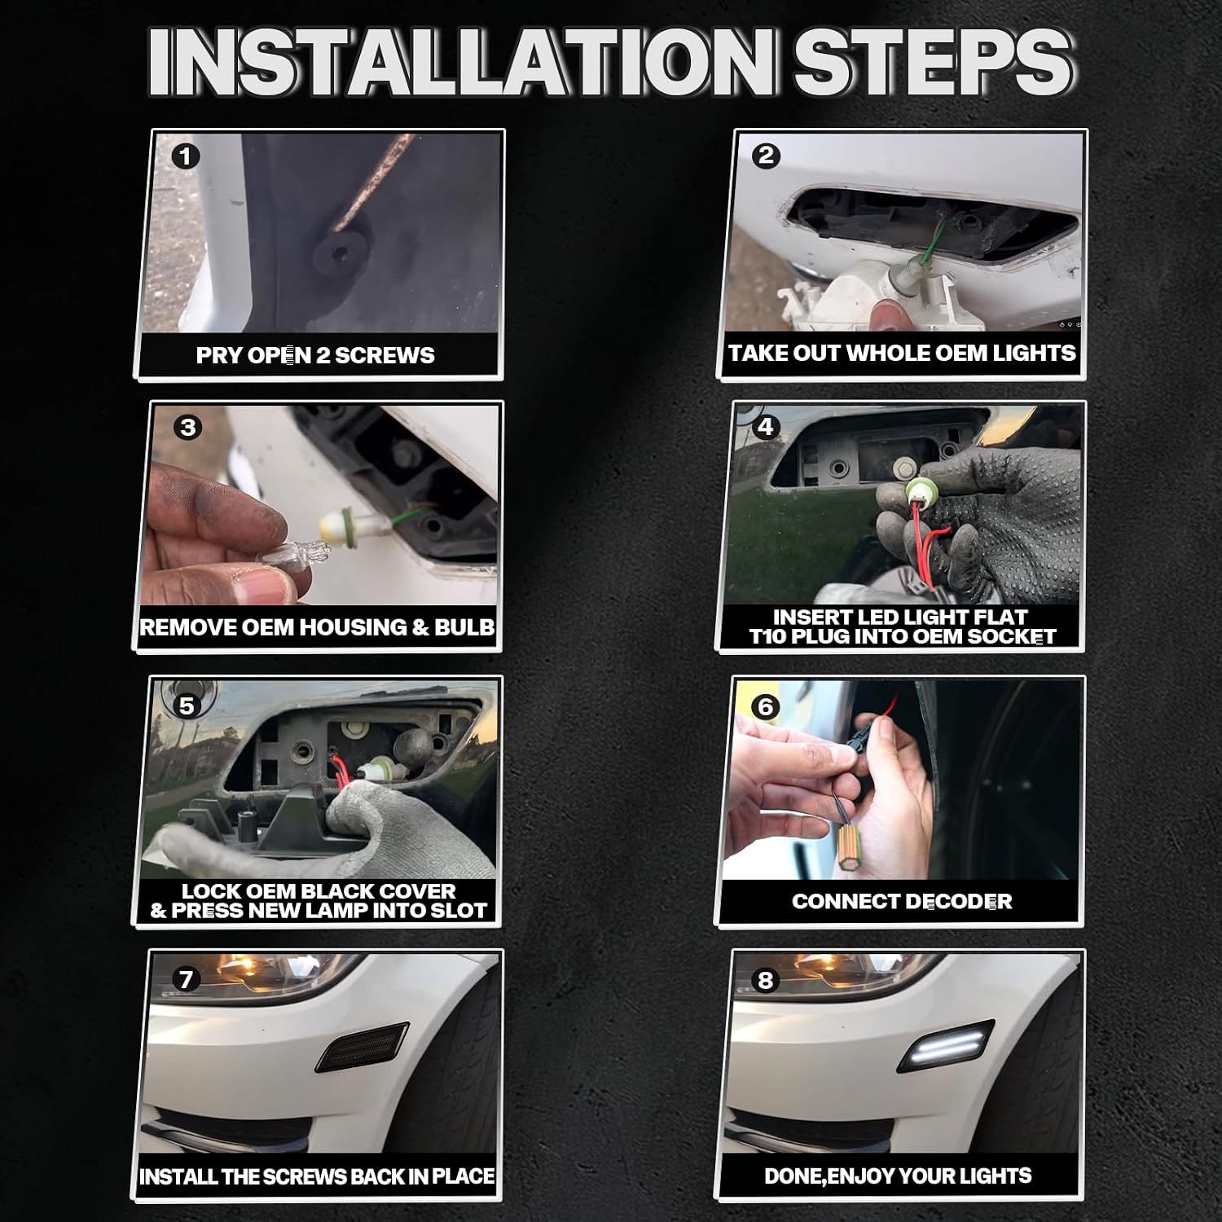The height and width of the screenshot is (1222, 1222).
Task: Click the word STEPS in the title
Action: [932, 64]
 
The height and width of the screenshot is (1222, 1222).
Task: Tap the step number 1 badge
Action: [186, 156]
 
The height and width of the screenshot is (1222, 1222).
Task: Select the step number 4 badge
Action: [765, 426]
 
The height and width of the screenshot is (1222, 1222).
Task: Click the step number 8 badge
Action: [765, 979]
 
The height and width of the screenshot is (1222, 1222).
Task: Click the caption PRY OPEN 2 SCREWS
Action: [315, 355]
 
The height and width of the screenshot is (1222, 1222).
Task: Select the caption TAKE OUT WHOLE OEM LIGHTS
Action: [902, 353]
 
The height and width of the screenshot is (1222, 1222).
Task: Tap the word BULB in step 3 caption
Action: [465, 626]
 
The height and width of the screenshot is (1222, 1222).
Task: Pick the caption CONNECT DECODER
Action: [902, 901]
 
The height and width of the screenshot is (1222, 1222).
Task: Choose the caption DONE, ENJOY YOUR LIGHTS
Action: [898, 1176]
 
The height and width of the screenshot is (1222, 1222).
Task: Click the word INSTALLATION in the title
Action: [461, 64]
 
